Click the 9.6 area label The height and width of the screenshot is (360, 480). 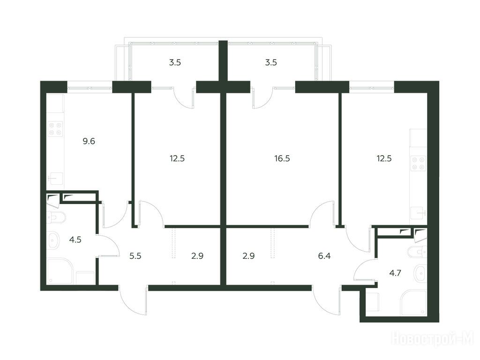pos(89,141)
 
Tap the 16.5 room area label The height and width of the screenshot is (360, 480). pos(282,158)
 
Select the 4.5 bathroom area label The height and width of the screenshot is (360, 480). pos(75,240)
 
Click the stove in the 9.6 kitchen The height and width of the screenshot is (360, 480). pos(56,128)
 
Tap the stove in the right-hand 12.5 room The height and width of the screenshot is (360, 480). pos(418,163)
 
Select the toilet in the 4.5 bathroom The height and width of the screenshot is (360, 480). pos(56,217)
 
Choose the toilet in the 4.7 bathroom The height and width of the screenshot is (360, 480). pos(417,252)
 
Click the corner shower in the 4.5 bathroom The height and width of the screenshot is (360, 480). pos(60,271)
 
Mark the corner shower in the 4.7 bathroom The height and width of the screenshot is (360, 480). pos(413,303)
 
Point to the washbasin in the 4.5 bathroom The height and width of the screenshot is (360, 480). pos(54,240)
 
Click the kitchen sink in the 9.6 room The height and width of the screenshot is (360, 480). pos(56,179)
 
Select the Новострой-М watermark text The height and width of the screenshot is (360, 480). pos(432,338)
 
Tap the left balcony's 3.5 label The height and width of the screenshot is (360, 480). pos(175,62)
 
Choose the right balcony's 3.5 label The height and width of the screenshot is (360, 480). pos(270,62)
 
